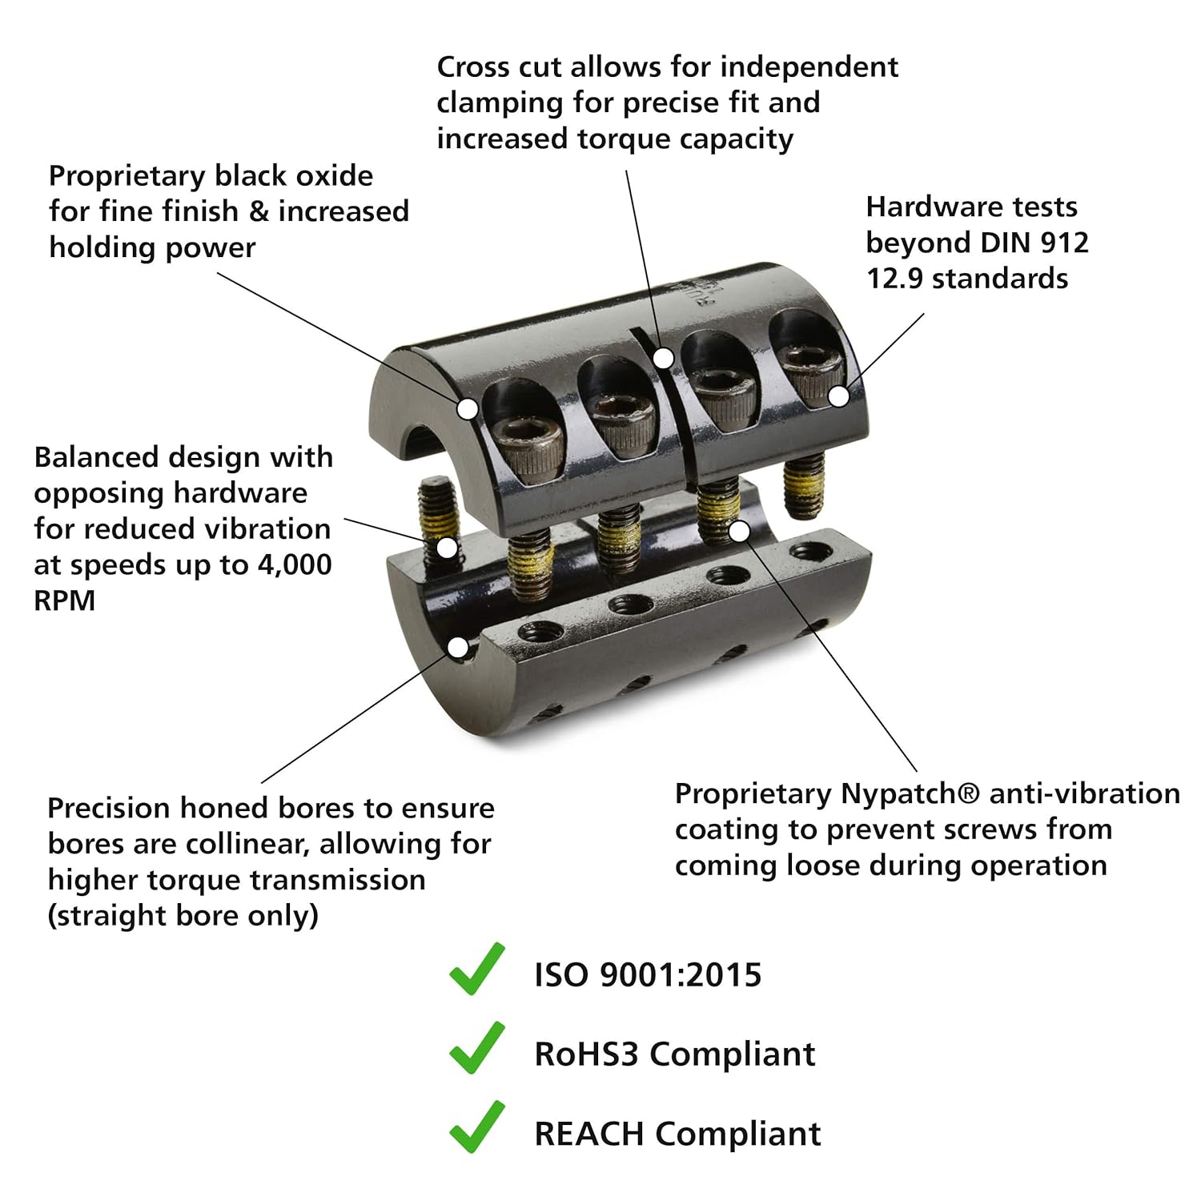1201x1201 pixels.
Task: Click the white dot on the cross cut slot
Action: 663,358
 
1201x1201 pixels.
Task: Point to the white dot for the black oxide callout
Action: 468,408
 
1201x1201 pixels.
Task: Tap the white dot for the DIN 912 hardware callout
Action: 838,396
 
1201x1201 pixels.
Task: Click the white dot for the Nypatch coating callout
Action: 740,531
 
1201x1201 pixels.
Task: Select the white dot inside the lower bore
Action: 458,647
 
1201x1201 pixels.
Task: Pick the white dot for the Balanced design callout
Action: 447,548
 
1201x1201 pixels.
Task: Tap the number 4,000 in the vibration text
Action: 295,565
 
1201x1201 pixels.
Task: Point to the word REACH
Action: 589,1134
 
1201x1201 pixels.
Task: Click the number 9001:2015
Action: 681,975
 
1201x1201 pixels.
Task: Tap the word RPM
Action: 64,600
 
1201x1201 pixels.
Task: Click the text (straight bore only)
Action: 183,915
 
